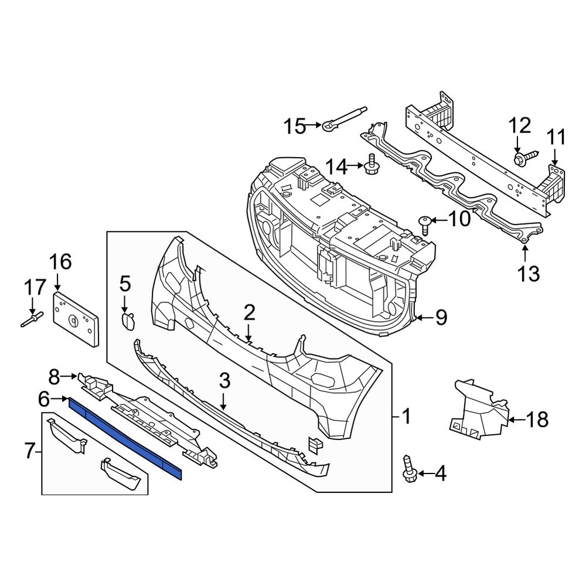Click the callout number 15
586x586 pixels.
tap(295, 125)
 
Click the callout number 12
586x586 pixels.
tap(519, 126)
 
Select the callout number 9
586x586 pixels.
tap(440, 318)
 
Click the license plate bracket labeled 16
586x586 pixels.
tap(77, 319)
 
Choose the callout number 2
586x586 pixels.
tap(250, 314)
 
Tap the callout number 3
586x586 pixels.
tap(224, 383)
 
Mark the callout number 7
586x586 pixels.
tap(30, 451)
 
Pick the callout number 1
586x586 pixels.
tap(406, 417)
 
